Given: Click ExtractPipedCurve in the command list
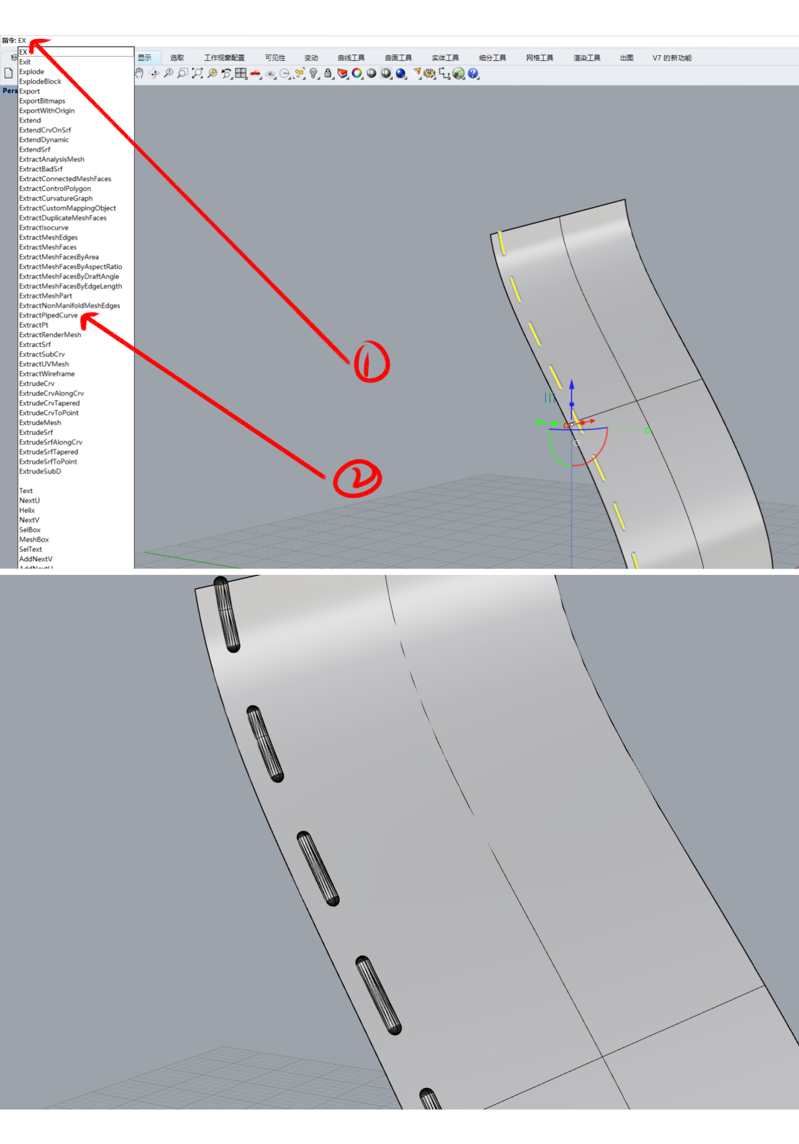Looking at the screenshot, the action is point(48,315).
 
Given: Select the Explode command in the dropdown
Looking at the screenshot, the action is point(32,72).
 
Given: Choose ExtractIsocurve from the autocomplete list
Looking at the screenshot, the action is point(44,228).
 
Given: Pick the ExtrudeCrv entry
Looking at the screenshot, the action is point(37,384).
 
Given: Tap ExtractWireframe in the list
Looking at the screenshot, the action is point(47,374).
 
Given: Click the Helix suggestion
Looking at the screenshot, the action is point(27,510).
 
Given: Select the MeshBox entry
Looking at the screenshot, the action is point(34,539).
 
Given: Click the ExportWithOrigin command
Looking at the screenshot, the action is point(47,111).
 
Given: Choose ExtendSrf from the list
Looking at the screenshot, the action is point(34,149).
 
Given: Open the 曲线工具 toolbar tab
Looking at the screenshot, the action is point(351,58).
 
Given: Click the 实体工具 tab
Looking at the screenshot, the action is point(445,58).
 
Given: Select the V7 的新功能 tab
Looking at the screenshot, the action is point(672,58).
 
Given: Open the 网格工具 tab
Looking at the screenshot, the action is point(539,58).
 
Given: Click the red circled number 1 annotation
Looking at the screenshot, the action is point(372,362).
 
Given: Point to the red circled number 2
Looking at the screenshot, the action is point(357,478).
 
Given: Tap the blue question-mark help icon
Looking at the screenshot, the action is point(473,74).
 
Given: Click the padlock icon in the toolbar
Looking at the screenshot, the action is point(328,74).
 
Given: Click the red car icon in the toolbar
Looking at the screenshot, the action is point(255,74).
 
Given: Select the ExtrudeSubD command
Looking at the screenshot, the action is point(40,471).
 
